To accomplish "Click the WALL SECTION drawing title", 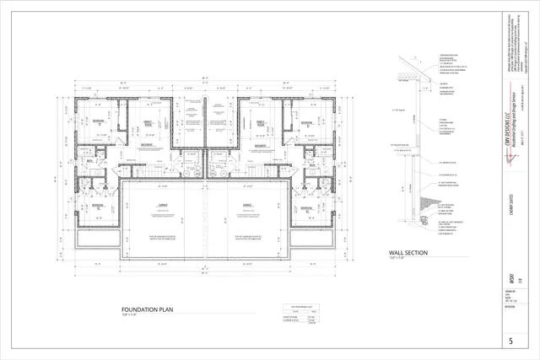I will tap(408, 253).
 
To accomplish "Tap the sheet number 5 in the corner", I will tap(511, 341).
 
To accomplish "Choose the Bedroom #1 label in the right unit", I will tap(308, 123).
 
